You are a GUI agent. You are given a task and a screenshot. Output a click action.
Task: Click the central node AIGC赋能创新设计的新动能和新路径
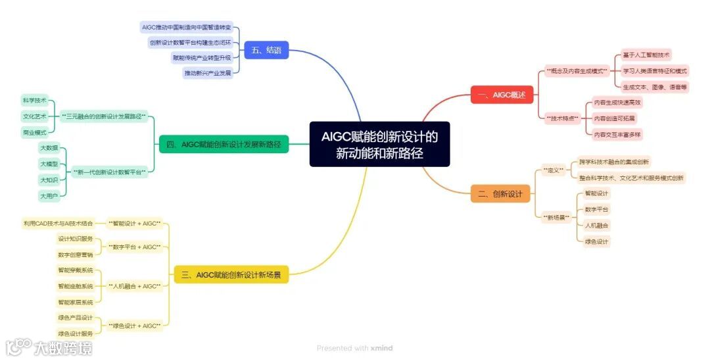(379, 145)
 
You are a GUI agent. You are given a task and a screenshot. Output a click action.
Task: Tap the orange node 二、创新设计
(500, 193)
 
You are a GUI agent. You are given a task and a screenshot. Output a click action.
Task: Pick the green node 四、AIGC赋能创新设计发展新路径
(224, 145)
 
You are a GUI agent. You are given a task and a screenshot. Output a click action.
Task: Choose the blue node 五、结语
(266, 50)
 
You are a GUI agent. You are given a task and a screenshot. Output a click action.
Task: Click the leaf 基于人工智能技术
(646, 55)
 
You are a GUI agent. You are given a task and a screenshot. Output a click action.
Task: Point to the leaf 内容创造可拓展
(614, 118)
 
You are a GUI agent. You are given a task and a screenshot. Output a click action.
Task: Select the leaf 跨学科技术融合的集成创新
(613, 162)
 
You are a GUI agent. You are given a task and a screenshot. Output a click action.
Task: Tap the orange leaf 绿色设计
(596, 241)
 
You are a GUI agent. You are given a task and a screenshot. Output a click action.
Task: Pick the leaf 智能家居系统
(76, 302)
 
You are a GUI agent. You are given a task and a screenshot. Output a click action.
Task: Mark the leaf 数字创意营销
(76, 254)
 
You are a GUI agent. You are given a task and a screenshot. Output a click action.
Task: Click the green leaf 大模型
(49, 164)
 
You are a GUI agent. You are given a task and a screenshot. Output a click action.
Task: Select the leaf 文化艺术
(34, 116)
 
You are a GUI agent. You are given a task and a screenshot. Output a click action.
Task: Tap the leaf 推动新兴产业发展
(207, 73)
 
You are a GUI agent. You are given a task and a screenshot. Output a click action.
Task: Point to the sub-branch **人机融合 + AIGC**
(134, 286)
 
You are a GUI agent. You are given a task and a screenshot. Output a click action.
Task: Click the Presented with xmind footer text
(354, 348)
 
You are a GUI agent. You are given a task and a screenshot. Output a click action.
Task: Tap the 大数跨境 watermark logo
(49, 347)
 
